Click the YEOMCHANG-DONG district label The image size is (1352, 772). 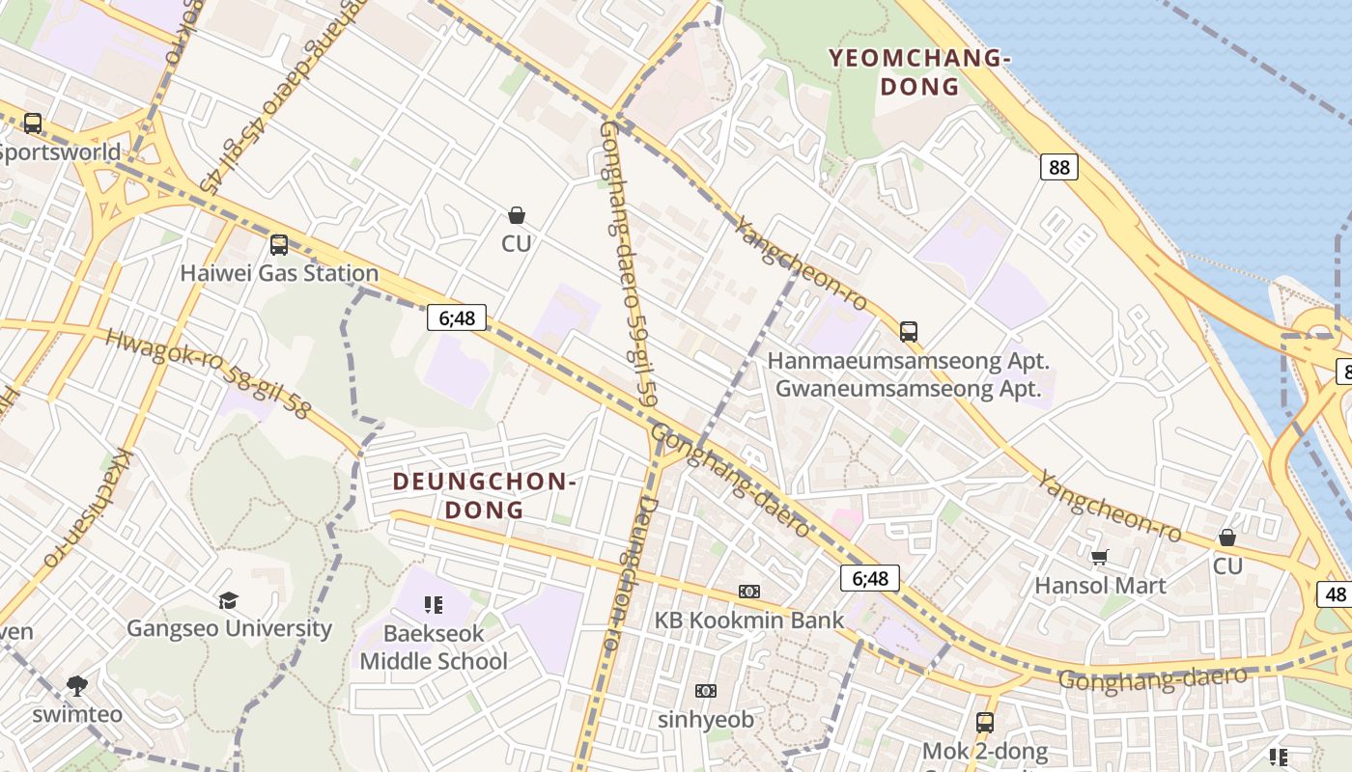coord(919,72)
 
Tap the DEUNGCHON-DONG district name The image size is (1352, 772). coord(485,495)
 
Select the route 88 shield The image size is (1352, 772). coord(1059,167)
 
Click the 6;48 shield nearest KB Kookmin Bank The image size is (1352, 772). coord(869,578)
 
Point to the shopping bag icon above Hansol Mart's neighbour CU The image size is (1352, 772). coord(1227,538)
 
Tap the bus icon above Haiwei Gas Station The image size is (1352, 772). coord(279,245)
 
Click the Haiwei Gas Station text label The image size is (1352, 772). coord(279,273)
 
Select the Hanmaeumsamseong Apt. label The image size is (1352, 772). coord(908,361)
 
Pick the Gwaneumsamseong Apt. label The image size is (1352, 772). coord(908,389)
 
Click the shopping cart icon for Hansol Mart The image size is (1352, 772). coord(1099,557)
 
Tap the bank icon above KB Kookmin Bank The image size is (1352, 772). coord(749,591)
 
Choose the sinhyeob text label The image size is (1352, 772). coord(706,719)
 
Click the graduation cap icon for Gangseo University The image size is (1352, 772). coord(228,600)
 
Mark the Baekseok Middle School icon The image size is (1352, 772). coord(433,605)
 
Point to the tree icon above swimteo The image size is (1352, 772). coord(77,686)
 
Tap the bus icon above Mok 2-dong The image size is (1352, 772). coord(984,722)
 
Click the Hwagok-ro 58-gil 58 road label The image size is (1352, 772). coord(208,374)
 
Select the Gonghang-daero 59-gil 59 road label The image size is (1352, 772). coord(628,261)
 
